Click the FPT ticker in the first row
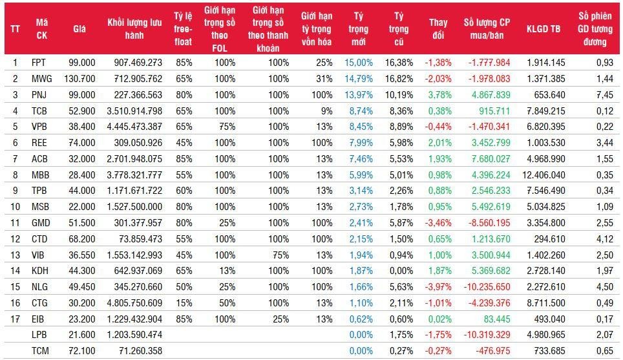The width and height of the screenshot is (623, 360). (39, 63)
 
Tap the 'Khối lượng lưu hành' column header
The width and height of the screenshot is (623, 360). (134, 28)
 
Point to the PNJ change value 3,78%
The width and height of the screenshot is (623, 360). (439, 94)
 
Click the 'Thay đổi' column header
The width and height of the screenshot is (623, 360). (438, 28)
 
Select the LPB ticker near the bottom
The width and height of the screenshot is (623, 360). (39, 334)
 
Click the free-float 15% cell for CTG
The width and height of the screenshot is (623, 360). (183, 302)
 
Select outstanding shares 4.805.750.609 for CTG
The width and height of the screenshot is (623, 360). (135, 302)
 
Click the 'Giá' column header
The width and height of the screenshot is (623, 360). (79, 28)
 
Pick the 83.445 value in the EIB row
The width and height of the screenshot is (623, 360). (496, 317)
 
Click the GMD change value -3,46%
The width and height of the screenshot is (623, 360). (438, 222)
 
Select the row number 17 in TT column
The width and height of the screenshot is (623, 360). (16, 317)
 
